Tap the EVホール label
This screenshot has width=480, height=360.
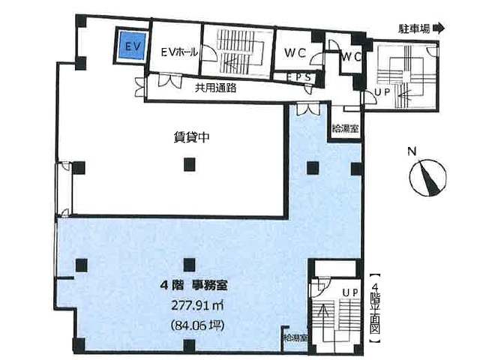179,52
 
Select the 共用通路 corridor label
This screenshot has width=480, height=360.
216,88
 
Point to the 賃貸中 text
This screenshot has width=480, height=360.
191,137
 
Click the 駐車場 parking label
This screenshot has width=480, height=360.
414,28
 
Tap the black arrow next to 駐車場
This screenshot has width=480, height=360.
439,28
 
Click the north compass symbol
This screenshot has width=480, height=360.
428,178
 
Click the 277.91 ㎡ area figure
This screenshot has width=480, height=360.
197,305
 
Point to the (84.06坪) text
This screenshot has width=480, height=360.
198,325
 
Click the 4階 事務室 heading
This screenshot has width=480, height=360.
193,286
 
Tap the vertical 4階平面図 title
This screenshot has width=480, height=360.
375,307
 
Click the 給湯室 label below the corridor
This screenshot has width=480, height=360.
346,128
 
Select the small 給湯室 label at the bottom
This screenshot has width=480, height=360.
295,338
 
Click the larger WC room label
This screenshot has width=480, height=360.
295,53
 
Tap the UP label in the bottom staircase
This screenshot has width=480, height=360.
350,293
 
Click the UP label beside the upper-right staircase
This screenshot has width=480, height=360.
382,92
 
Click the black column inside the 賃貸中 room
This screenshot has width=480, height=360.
190,164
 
